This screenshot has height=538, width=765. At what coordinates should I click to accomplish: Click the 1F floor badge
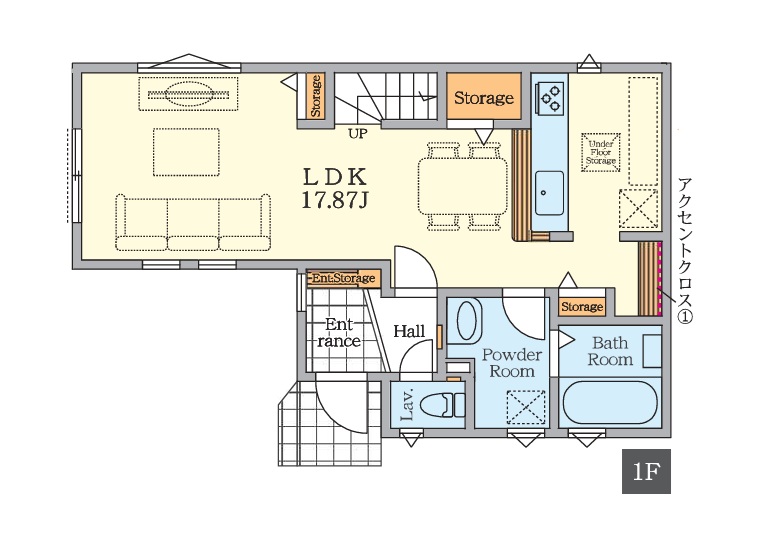pos(646,471)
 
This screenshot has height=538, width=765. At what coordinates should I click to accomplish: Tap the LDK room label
pos(335,178)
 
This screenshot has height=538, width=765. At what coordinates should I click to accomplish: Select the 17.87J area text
pos(335,200)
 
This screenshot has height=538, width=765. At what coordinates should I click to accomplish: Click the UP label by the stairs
pos(358,134)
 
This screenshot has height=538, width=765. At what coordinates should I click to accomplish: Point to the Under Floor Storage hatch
pos(601,152)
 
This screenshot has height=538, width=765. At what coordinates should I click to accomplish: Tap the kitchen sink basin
pos(549,193)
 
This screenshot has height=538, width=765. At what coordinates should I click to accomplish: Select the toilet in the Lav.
pos(442,405)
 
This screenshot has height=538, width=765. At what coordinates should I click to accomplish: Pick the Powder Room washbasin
pos(469,320)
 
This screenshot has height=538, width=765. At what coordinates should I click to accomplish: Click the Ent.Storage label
pos(343,279)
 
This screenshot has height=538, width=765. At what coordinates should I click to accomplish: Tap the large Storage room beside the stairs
pos(484,96)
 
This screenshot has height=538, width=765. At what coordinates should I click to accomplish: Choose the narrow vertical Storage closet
pos(316,96)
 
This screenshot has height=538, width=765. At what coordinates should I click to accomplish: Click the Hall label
pos(409,332)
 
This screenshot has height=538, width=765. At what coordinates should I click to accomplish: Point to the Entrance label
pos(339,333)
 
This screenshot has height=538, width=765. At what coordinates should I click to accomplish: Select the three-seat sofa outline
pos(193,222)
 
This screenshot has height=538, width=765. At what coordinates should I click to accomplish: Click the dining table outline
pos(463,185)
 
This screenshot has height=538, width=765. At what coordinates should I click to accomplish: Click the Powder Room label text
pos(512,363)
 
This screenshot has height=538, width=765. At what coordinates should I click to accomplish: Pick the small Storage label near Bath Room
pos(582,307)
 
